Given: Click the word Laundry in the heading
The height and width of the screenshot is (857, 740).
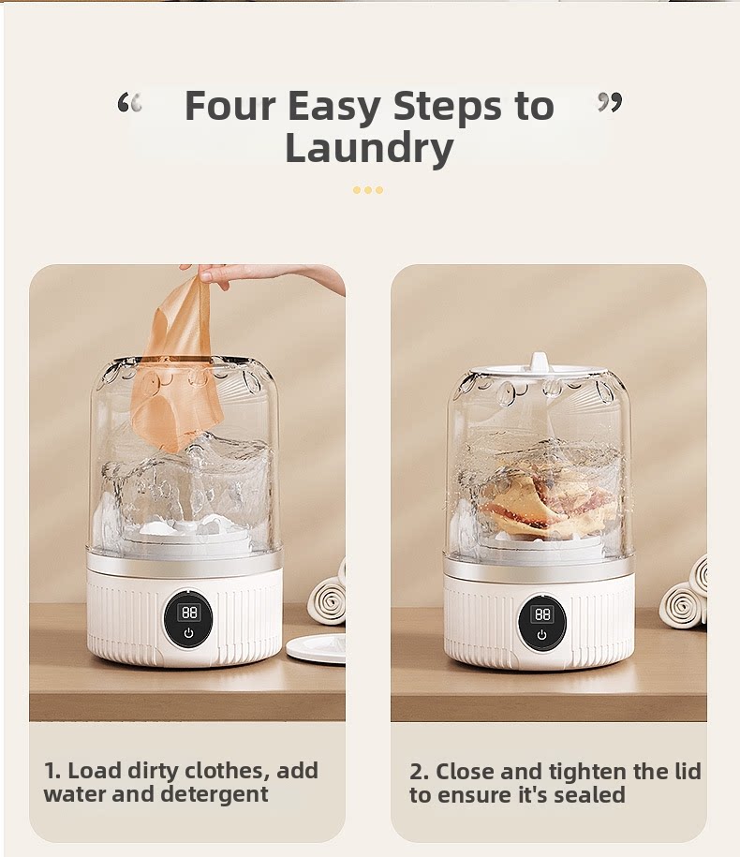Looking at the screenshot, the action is [369, 148].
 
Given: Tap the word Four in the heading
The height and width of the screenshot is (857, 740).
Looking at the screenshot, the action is [230, 105].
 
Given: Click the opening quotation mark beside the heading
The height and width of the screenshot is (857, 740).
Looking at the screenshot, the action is [129, 103].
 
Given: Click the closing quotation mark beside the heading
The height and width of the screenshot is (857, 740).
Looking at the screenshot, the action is [610, 102].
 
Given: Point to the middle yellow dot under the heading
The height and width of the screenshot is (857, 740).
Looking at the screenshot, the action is [368, 190].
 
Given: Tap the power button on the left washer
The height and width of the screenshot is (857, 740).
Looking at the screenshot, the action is [188, 633].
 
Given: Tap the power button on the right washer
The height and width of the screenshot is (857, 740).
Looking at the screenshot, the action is [541, 634].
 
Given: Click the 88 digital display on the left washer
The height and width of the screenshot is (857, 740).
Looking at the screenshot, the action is [188, 613].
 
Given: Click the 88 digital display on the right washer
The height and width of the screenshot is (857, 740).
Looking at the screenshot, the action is [542, 613].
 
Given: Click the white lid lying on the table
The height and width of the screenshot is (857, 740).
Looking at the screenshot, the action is [316, 648].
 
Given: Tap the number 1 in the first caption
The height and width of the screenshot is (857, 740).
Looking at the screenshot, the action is [51, 771].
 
